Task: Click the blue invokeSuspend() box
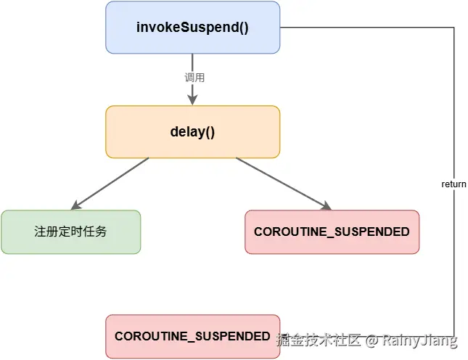192,28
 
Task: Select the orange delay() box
192,132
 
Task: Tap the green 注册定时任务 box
70,232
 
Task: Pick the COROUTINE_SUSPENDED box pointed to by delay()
332,232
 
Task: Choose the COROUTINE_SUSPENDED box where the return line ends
192,337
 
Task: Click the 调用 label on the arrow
192,77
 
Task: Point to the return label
453,184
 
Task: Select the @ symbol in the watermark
371,340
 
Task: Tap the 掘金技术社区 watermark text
319,340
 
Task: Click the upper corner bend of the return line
454,28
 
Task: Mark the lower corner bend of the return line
454,337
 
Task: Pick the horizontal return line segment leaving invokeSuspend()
366,28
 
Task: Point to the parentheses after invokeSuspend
242,28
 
